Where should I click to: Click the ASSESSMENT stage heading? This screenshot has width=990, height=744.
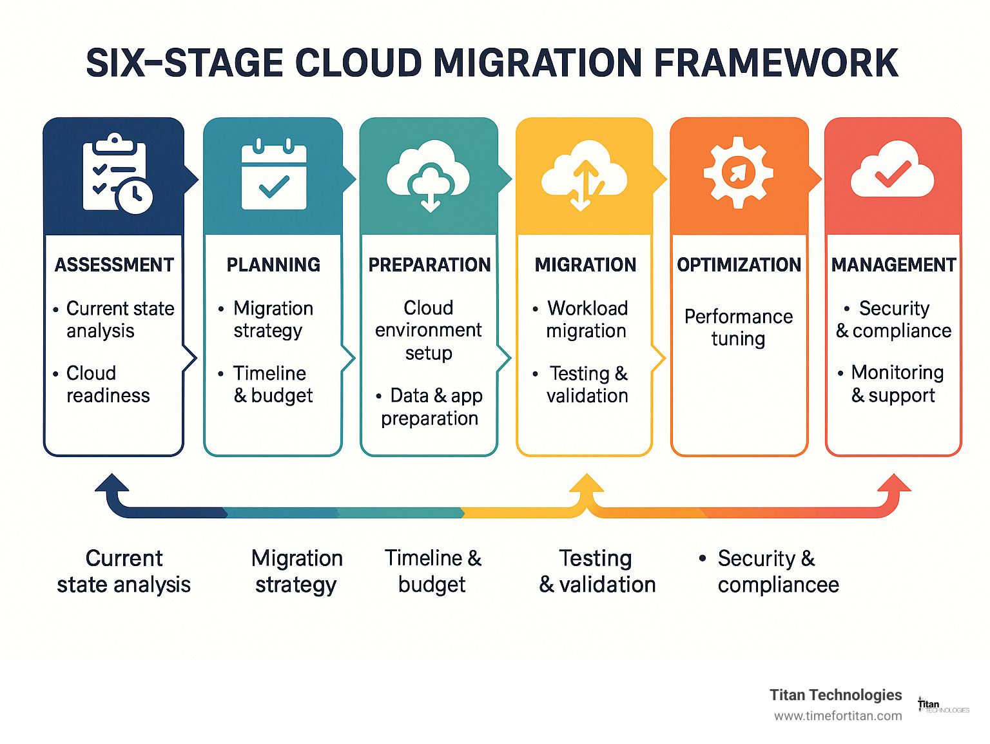point(114,265)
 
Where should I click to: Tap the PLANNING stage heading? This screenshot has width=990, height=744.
point(273,265)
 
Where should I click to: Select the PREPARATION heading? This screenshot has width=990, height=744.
point(429,265)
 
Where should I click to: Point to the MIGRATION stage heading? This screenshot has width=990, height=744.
point(585,265)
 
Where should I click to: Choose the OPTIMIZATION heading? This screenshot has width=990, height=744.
point(739,265)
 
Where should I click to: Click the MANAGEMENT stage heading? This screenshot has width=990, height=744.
point(893,265)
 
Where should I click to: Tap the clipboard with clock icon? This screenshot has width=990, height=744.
point(117,174)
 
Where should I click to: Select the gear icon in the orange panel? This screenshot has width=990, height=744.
point(738,172)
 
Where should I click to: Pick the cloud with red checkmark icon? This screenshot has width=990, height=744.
point(892,171)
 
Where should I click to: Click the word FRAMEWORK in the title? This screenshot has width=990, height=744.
point(776,63)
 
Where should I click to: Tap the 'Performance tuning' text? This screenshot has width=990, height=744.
point(739,328)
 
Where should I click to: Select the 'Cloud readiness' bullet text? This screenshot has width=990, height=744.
point(108,384)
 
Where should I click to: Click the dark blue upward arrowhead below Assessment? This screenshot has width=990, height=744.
point(112,484)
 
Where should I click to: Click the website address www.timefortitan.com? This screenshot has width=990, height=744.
point(838,716)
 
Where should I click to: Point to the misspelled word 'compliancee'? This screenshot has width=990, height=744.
point(778,585)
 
